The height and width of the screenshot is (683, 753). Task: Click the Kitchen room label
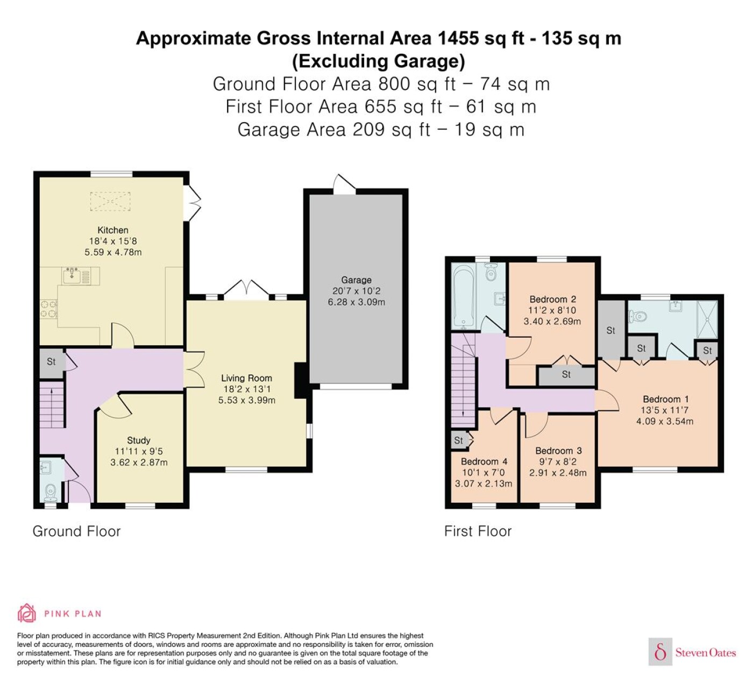112,230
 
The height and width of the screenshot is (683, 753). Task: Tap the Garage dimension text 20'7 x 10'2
356,291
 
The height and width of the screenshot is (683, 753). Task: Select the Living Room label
247,378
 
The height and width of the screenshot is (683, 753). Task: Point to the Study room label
139,440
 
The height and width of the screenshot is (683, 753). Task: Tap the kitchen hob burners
48,308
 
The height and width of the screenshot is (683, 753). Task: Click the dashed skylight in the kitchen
110,201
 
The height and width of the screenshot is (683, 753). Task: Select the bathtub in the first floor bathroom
464,297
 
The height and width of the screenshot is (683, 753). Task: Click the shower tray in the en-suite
707,319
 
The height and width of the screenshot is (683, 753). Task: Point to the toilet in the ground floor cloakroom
51,493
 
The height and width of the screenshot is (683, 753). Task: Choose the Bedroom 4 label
484,461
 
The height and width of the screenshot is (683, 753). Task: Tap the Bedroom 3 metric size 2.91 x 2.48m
558,473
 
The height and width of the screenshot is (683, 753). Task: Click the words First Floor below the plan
478,531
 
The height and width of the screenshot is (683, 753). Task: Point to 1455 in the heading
458,38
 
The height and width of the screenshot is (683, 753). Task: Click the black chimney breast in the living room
301,380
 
